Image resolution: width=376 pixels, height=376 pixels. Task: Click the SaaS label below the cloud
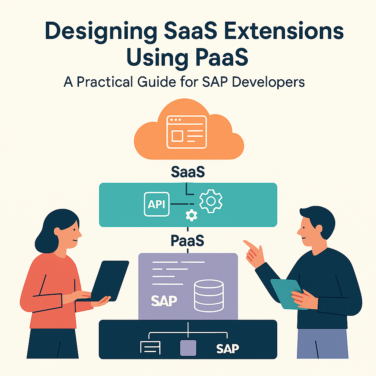click(188, 172)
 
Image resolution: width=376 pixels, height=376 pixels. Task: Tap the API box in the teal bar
click(156, 204)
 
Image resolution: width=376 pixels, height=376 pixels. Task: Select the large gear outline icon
click(211, 200)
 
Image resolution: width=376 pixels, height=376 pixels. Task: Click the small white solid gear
click(191, 216)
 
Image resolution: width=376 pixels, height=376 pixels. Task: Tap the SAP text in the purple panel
click(164, 300)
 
